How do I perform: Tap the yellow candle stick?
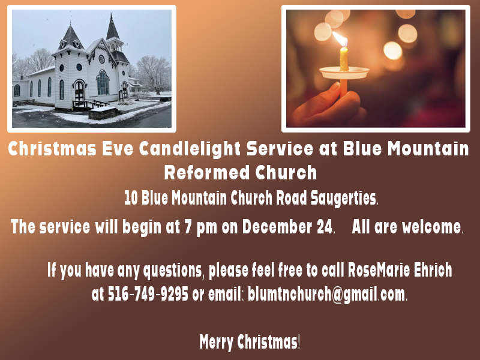coord(344,59)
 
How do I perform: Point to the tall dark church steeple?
coord(112,30)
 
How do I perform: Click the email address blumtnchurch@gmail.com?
coord(326,295)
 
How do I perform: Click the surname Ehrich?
coord(433,271)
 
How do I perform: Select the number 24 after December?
coord(324,227)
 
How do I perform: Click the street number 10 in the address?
coord(131,197)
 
